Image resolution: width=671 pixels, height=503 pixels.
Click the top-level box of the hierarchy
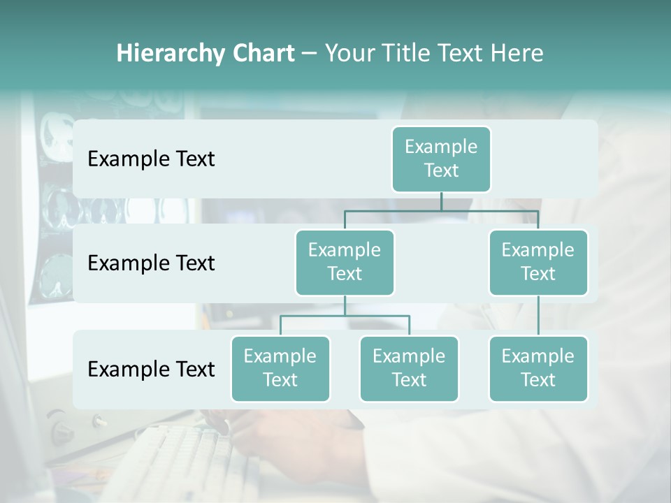441,159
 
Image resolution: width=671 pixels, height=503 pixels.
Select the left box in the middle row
345,262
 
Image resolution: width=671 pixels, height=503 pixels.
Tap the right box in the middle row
538,262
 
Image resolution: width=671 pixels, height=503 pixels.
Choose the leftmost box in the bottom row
280,368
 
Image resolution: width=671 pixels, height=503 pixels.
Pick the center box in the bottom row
409,368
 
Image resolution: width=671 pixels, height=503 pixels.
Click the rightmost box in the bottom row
538,368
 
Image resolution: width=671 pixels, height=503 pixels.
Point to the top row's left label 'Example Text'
151,159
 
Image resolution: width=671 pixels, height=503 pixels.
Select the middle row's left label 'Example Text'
151,263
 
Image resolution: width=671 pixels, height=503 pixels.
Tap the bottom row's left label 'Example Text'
151,369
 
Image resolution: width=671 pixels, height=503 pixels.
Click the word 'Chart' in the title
261,53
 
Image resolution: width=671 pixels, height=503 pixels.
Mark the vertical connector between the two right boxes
538,315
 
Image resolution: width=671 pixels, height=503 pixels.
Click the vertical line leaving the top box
441,201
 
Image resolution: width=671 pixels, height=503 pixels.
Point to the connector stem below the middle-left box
345,305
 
